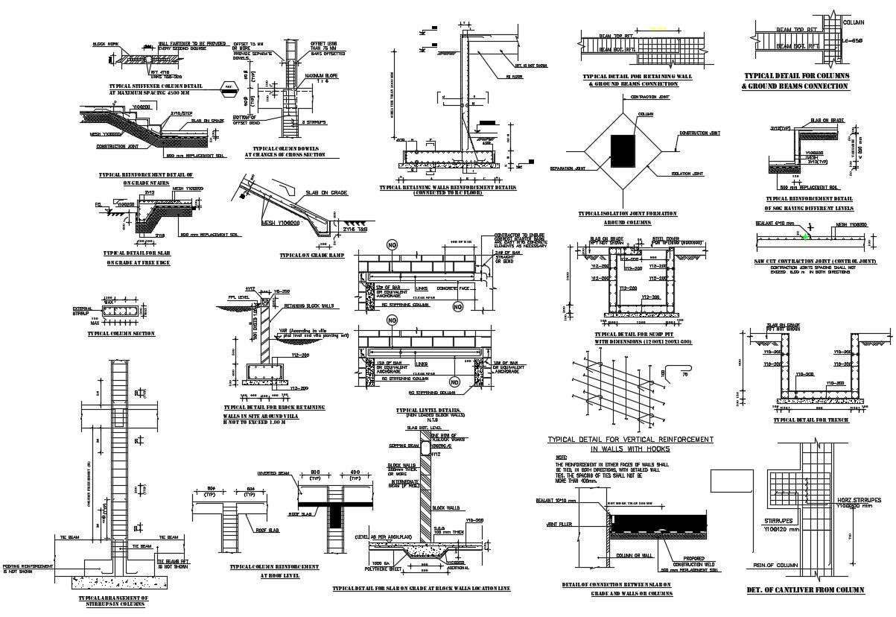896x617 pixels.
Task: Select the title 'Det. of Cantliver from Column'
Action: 804,590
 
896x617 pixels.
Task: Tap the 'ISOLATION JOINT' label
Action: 687,174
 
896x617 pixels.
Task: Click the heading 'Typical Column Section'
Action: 121,334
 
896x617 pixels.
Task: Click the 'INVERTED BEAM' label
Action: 271,473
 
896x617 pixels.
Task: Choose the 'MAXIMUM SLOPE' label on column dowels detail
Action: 322,76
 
